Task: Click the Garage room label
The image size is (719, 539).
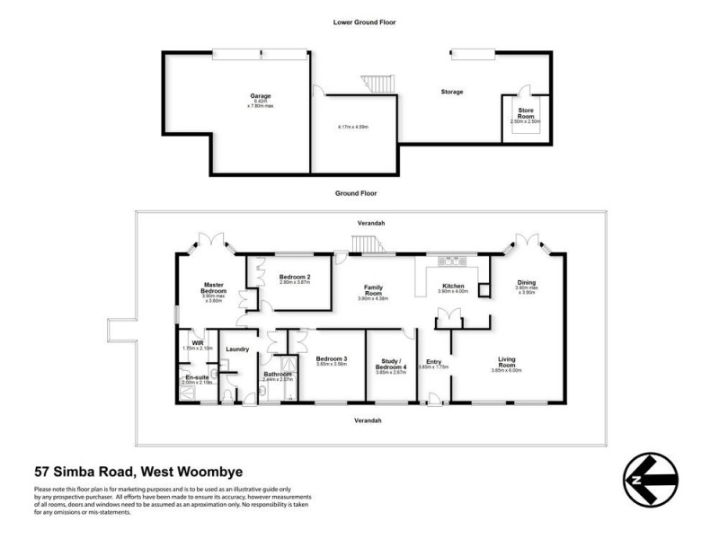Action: [261, 96]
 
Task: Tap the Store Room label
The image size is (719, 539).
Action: [526, 112]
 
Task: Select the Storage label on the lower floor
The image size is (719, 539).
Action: [451, 92]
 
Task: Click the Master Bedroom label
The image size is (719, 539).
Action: [213, 288]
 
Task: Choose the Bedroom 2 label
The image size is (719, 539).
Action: [294, 277]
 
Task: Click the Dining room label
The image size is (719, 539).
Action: [526, 283]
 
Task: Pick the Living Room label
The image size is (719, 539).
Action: [508, 362]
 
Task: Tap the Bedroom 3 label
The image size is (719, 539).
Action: [332, 358]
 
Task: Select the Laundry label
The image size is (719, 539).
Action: [237, 349]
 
